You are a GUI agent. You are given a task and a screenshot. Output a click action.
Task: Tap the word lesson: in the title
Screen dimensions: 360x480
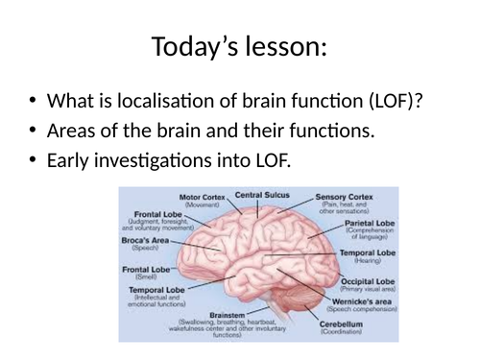pos(285,45)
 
